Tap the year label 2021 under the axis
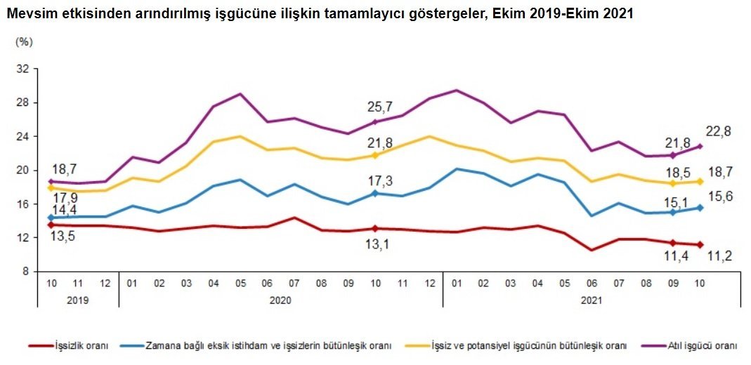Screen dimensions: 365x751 coord(592,299)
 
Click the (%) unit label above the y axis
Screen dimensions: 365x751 coord(23,42)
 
